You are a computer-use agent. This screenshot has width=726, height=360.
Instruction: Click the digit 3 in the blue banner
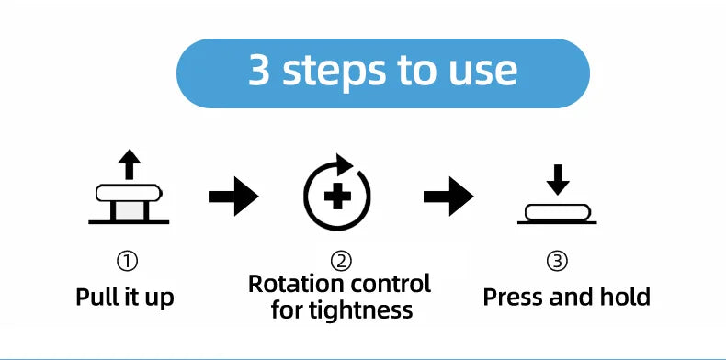(259, 70)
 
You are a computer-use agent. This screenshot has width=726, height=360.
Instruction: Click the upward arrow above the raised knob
(130, 164)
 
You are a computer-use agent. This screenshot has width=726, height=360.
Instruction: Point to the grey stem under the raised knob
(130, 211)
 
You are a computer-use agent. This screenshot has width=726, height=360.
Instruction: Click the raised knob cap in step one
(130, 193)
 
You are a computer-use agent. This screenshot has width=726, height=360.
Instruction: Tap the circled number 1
(127, 262)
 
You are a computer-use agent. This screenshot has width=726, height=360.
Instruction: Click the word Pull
(94, 296)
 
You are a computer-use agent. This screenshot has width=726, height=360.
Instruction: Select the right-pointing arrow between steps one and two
(233, 197)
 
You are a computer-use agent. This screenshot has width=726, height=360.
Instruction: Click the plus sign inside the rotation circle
(337, 197)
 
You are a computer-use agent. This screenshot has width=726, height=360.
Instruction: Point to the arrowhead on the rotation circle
(345, 164)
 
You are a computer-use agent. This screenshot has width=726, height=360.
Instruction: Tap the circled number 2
(341, 262)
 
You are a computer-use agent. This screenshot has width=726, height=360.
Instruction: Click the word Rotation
(296, 283)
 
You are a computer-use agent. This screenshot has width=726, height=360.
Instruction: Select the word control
(391, 283)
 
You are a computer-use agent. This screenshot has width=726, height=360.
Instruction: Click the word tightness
(367, 310)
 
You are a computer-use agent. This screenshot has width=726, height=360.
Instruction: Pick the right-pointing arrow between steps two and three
(448, 197)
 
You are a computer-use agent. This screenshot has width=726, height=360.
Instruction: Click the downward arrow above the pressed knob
(558, 179)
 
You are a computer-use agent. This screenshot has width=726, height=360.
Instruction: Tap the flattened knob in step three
(558, 212)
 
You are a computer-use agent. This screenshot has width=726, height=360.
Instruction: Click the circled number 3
(557, 262)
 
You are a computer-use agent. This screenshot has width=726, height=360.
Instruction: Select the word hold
(629, 296)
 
